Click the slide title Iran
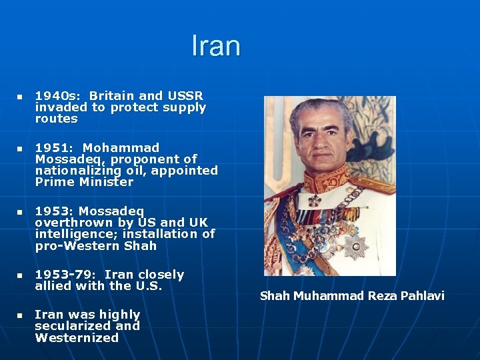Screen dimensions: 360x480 (x=215, y=46)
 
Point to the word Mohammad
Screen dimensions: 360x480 (x=121, y=147)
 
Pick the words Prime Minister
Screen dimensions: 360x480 (x=84, y=182)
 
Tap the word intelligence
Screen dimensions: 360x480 (x=78, y=234)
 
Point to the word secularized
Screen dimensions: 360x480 (x=70, y=326)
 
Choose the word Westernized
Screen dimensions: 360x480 (x=77, y=337)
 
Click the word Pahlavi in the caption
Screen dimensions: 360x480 (x=420, y=296)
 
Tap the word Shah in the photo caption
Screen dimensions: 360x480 (x=274, y=296)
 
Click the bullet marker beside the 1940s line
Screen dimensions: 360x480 (x=19, y=97)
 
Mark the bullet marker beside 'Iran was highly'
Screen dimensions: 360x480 (x=19, y=315)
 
